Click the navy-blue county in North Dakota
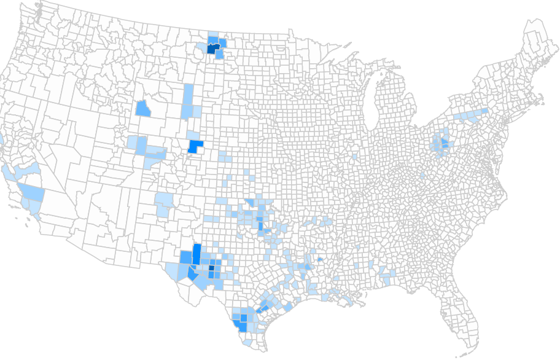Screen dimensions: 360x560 click(x=211, y=50)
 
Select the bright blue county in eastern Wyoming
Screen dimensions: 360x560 click(x=195, y=147)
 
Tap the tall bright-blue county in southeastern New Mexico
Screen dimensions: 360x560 click(x=196, y=254)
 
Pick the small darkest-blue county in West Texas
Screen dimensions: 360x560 click(x=212, y=267)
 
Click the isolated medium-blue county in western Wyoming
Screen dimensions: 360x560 click(x=142, y=109)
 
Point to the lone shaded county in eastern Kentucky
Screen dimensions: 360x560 click(x=423, y=176)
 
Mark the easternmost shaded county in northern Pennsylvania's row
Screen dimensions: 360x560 click(x=484, y=111)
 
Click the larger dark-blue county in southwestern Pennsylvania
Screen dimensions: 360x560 click(x=444, y=143)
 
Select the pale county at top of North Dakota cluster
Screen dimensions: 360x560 click(x=213, y=35)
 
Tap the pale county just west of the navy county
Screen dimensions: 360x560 click(x=202, y=47)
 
